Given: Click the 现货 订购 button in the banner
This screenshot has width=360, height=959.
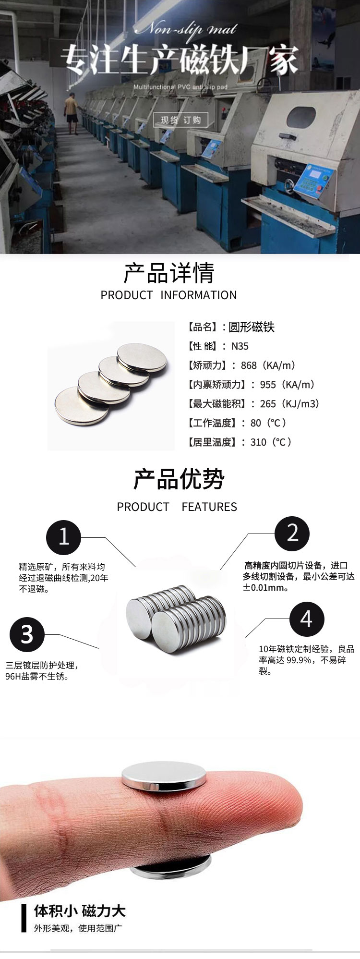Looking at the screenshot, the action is tap(180, 120).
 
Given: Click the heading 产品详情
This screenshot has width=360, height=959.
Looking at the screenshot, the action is tap(168, 273).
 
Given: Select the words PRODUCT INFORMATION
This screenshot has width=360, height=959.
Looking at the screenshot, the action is tap(168, 295).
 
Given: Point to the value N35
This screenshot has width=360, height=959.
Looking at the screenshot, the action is tap(240, 346).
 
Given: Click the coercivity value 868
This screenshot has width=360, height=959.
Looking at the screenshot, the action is tap(249, 365).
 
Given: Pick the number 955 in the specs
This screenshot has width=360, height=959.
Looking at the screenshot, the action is tap(268, 385).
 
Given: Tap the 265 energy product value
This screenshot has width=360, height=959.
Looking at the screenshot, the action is tap(268, 404).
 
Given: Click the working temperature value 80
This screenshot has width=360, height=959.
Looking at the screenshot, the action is tap(256, 423).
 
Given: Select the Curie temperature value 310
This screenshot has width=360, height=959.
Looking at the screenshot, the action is tap(258, 442).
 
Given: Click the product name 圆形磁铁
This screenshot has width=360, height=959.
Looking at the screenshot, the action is tap(252, 327).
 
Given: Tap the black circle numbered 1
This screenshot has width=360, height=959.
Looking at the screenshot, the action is tap(64, 537).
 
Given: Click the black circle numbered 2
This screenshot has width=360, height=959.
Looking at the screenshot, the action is tap(292, 533).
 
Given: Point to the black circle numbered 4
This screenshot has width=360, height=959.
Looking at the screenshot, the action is tap(307, 619).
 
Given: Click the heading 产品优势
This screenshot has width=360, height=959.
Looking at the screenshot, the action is tap(179, 479).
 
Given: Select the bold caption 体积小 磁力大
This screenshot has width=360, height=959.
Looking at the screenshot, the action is tap(80, 910).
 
